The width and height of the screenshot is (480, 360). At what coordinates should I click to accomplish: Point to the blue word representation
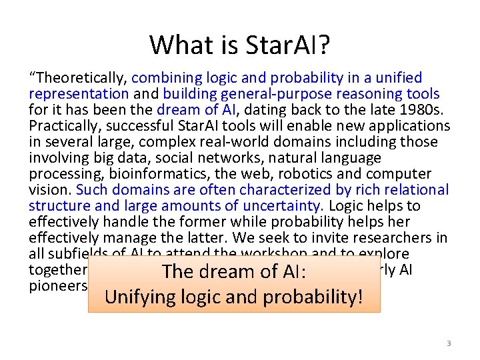(x=79, y=94)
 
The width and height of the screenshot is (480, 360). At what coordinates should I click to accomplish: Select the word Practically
(x=63, y=126)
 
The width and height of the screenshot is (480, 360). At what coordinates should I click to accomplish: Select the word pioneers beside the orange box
(x=58, y=286)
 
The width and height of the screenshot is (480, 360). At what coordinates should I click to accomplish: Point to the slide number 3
(x=449, y=343)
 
